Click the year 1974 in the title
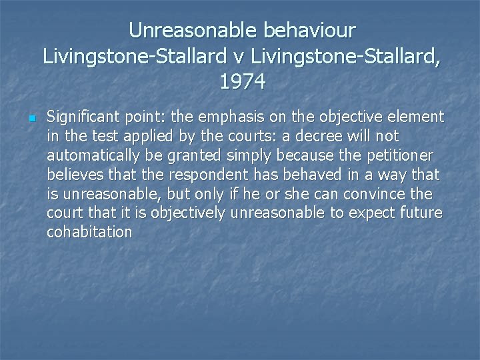pos(242,81)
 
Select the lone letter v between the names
pos(245,55)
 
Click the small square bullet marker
pos(31,119)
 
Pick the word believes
pos(73,175)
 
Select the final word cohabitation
pos(89,232)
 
